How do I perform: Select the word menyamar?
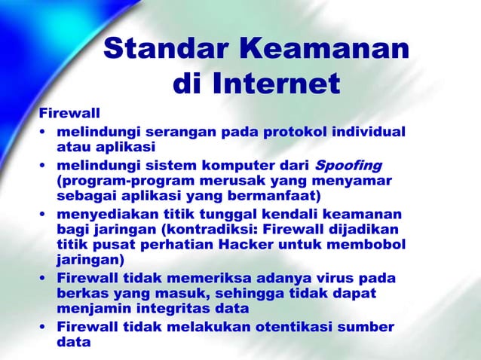[358, 182]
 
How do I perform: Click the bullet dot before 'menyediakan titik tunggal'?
[44, 214]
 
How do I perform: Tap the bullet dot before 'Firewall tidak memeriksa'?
[44, 279]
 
